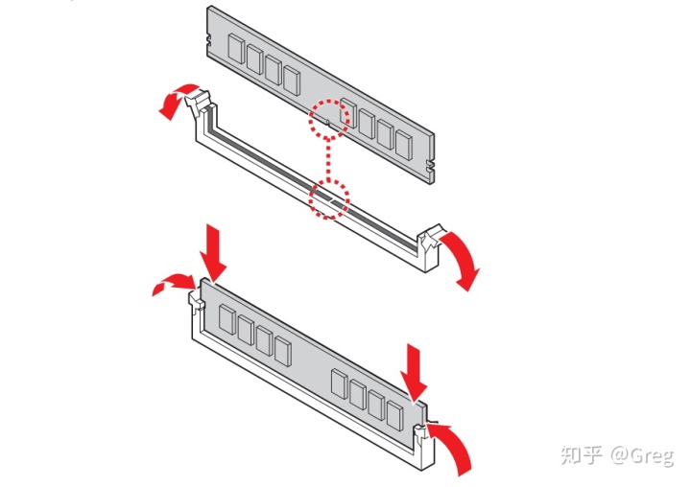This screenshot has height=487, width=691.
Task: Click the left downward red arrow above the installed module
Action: coord(213,253)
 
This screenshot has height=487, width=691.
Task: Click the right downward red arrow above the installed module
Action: coord(414,373)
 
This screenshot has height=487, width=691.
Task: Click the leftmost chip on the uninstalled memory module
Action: coord(236,49)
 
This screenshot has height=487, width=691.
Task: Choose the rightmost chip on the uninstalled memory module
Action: coord(403,145)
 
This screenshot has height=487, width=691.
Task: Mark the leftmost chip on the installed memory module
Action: coord(226,319)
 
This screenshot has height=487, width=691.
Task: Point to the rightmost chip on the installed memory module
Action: coord(394,415)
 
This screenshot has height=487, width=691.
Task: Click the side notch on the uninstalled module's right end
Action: coord(430,165)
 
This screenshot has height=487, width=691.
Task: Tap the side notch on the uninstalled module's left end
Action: coord(209,41)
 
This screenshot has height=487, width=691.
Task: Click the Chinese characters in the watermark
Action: coord(582,454)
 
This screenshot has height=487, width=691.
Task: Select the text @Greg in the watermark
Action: coord(642,455)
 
